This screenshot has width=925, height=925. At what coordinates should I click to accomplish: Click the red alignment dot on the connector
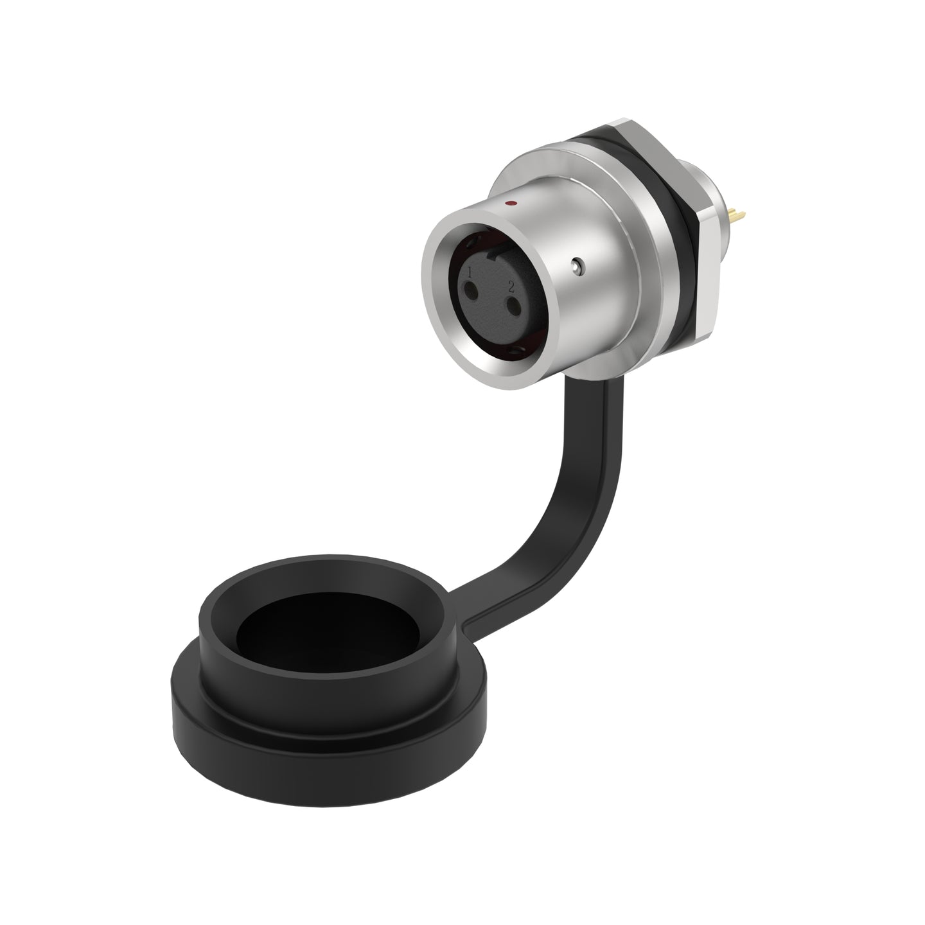[512, 204]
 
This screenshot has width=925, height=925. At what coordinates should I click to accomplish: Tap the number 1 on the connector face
[470, 272]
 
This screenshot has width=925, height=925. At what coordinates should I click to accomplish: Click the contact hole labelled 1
[470, 290]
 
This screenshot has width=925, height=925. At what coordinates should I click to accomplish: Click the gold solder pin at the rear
[736, 215]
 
